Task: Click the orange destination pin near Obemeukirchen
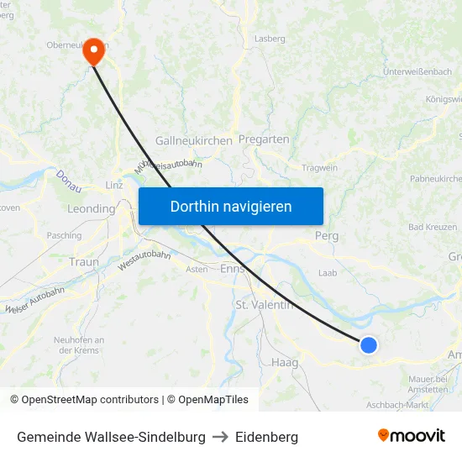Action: tap(92, 52)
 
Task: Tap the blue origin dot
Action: tap(368, 344)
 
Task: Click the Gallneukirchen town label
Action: tap(193, 141)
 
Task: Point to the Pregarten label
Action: tap(264, 139)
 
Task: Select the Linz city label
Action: tap(114, 185)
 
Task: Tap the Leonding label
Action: tap(91, 208)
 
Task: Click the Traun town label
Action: tap(84, 262)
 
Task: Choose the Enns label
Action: tap(231, 270)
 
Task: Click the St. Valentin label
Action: tap(264, 304)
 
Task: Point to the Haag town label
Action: tap(285, 362)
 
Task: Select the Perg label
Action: tap(327, 236)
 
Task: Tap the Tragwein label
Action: tap(319, 168)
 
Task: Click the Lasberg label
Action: tap(270, 39)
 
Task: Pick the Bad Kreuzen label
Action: tap(433, 228)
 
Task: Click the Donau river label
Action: tap(68, 181)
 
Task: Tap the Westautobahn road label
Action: tap(144, 260)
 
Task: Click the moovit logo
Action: tap(412, 436)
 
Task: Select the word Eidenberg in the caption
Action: tap(266, 437)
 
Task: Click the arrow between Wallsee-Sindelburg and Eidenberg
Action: tap(220, 437)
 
